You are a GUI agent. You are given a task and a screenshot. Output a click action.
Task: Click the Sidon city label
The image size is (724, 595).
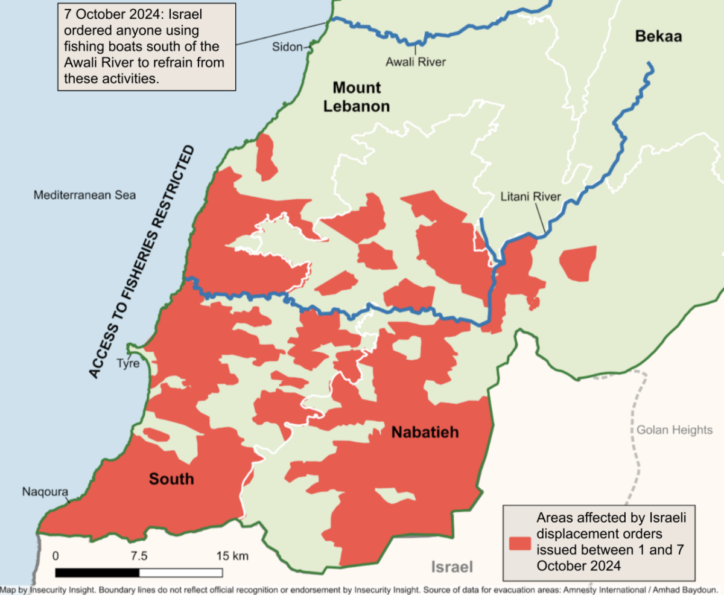pyautogui.click(x=287, y=47)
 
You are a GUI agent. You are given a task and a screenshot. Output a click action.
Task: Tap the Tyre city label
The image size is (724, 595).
pyautogui.click(x=128, y=364)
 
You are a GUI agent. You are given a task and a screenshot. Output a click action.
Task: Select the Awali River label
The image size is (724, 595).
pyautogui.click(x=416, y=62)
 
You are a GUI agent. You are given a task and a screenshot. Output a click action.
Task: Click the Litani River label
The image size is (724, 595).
pyautogui.click(x=531, y=197)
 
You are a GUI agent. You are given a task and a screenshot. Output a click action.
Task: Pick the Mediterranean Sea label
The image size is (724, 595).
pyautogui.click(x=84, y=195)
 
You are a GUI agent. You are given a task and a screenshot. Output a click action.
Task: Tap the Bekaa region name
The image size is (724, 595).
pyautogui.click(x=658, y=37)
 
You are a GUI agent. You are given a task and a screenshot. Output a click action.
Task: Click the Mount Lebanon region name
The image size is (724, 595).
pyautogui.click(x=357, y=97)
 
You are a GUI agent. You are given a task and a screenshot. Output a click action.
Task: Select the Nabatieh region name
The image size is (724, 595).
pyautogui.click(x=425, y=432)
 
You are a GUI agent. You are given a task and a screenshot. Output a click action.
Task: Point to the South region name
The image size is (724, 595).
pyautogui.click(x=172, y=479)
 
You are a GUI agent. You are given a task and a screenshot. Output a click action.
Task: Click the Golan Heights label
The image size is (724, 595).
pyautogui.click(x=675, y=430)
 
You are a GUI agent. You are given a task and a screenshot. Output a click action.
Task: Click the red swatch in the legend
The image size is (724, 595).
pyautogui.click(x=519, y=542)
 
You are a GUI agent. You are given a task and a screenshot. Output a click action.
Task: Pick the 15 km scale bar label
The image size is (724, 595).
pyautogui.click(x=232, y=556)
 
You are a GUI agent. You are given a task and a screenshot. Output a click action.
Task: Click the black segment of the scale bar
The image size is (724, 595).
pyautogui.click(x=97, y=572)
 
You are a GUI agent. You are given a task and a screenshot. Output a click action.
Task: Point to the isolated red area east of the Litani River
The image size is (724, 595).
pyautogui.click(x=578, y=263)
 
